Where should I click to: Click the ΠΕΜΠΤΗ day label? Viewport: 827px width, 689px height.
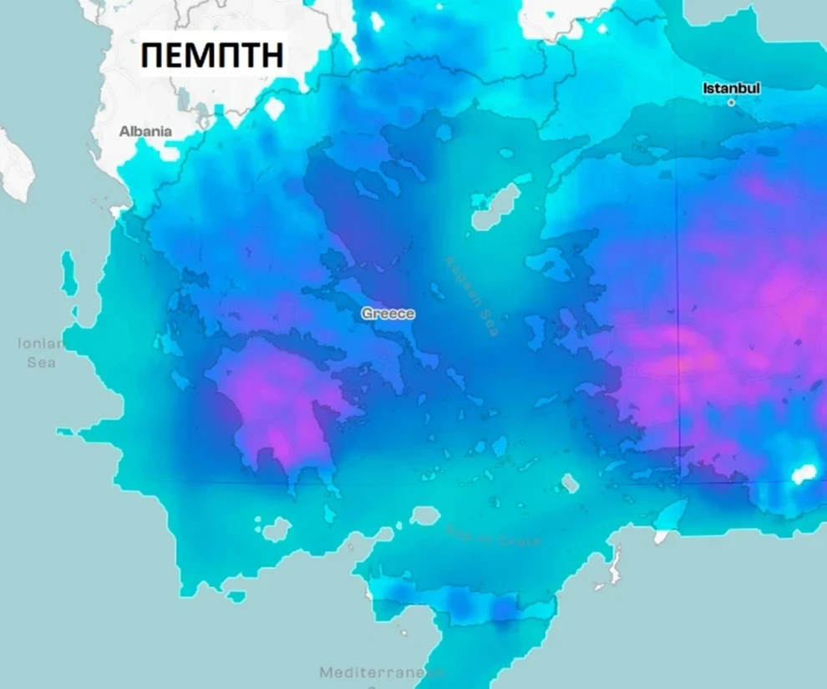click(x=213, y=55)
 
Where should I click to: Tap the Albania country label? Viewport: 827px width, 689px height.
click(x=145, y=131)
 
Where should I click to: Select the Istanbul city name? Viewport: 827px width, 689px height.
click(x=732, y=88)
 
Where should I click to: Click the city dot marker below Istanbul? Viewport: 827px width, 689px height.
click(x=732, y=103)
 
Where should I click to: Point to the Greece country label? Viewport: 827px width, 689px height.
click(x=388, y=314)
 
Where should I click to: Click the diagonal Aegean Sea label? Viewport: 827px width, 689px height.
click(x=473, y=297)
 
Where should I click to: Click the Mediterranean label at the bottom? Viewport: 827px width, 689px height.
click(x=380, y=671)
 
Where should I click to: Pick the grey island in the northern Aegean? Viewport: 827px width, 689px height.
click(x=495, y=209)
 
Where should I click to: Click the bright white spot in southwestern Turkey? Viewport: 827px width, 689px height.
click(x=803, y=474)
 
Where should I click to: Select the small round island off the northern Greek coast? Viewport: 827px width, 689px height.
click(x=444, y=133)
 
